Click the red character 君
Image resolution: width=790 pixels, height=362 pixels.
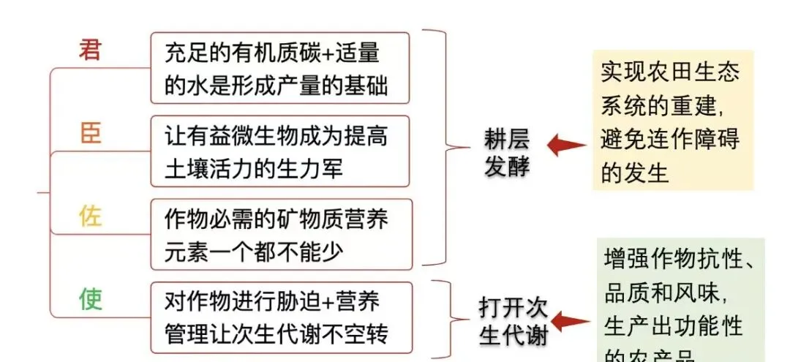coord(90,50)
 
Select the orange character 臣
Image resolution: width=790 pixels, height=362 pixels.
coord(90,133)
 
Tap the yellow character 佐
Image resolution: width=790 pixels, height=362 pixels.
coord(90,216)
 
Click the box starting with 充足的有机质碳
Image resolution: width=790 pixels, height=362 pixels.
coord(279,68)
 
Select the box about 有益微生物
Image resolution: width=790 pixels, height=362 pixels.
coord(279,151)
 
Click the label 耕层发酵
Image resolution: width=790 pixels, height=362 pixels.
coord(506,153)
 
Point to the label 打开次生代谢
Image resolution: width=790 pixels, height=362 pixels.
coord(513,321)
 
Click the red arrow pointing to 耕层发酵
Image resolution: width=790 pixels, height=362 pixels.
coord(567,146)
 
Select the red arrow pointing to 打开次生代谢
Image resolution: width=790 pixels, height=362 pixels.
coord(569,321)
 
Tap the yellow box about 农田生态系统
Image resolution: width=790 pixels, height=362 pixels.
coord(672,121)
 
